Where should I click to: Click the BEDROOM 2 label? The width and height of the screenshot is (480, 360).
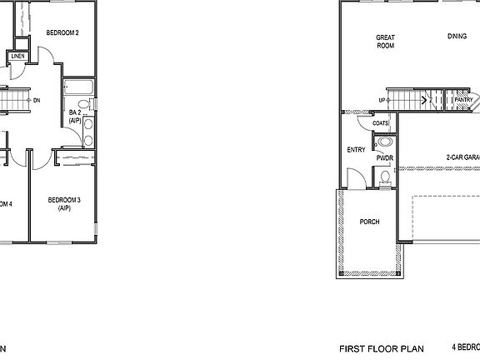[x=62, y=33]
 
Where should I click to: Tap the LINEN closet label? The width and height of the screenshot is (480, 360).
[x=17, y=57]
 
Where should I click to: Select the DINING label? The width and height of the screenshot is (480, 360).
[x=457, y=37]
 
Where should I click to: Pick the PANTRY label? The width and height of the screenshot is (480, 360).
[x=464, y=101]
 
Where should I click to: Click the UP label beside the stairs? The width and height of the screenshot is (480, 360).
[x=382, y=101]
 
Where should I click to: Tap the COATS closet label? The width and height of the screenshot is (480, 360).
[x=381, y=123]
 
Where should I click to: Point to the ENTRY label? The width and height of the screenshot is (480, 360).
[x=356, y=150]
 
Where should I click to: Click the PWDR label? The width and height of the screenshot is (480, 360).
[x=384, y=157]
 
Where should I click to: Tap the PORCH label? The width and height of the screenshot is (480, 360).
[x=369, y=222]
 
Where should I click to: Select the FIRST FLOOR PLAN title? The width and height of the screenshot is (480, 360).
[x=382, y=348]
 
